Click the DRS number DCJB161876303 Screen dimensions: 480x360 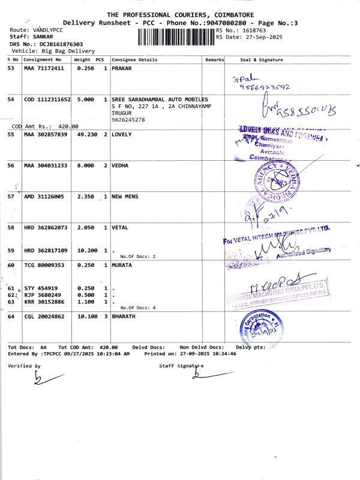[x=53, y=44]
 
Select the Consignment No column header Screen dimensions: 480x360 [x=43, y=60]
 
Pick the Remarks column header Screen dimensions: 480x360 [x=214, y=60]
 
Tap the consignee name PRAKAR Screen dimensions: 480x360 [x=122, y=68]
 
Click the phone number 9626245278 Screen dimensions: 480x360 [x=128, y=119]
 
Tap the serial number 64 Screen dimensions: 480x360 [x=11, y=316]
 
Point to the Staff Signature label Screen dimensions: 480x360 [x=181, y=365]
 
